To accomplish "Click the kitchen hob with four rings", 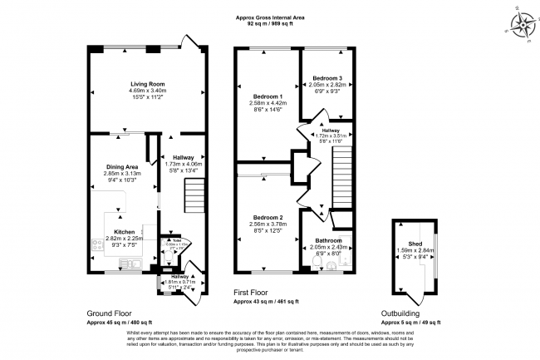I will tap(98, 245).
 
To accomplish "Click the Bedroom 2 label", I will tap(266, 216).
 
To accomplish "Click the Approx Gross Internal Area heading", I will tap(269, 17).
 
